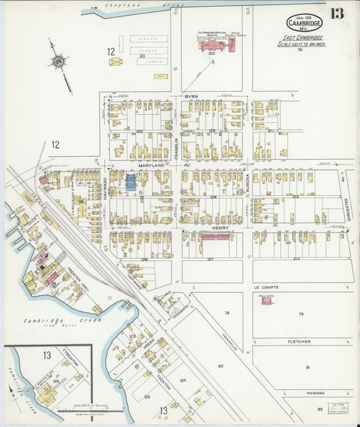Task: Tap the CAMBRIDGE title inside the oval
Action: (x=304, y=22)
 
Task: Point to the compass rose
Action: (x=59, y=62)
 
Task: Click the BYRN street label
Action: (x=191, y=97)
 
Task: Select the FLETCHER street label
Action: (x=299, y=341)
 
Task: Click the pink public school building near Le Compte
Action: (x=267, y=301)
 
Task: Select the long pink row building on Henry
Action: (x=217, y=237)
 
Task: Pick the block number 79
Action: (x=301, y=314)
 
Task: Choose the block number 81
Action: (x=307, y=367)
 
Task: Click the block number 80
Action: (x=220, y=366)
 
